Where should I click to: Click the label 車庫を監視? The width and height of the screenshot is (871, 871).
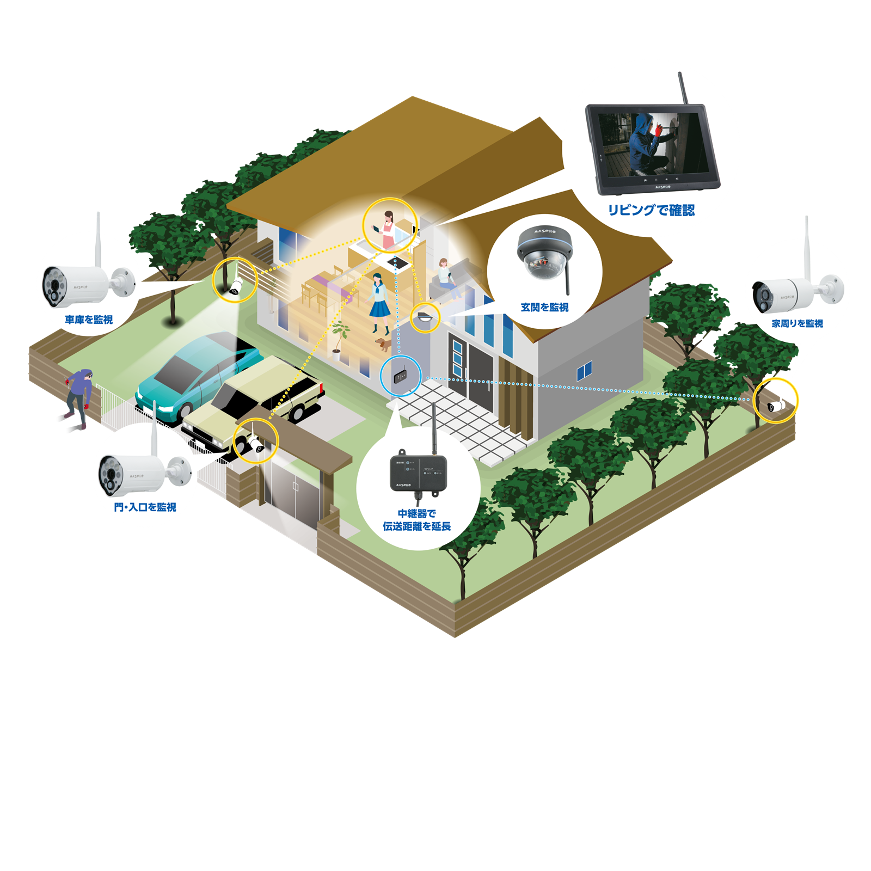89,320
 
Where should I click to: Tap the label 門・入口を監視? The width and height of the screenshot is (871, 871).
145,507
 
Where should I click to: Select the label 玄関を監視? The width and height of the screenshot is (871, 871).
544,307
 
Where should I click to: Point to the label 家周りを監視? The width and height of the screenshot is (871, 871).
797,323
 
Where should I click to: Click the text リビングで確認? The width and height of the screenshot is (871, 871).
651,210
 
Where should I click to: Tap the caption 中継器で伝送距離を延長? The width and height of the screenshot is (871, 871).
417,520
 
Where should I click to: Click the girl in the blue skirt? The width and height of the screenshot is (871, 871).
379,303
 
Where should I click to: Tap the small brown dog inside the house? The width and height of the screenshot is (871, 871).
384,344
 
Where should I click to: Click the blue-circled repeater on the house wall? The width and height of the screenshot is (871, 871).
401,376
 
